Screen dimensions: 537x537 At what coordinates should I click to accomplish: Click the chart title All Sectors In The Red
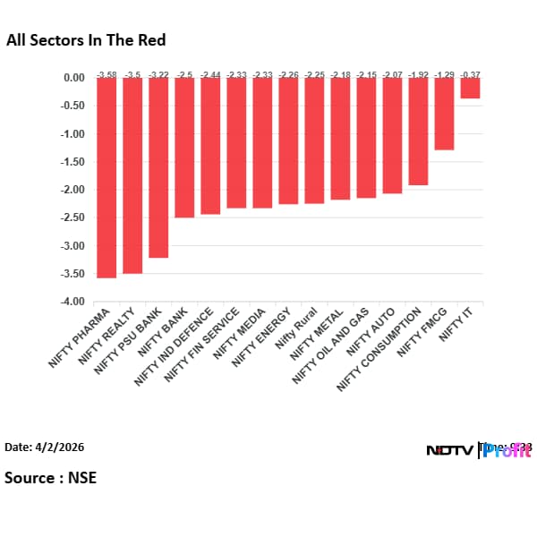tap(86, 40)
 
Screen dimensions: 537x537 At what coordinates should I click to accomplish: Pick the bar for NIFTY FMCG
tap(444, 114)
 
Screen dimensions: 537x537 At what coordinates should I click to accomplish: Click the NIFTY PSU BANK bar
tap(158, 167)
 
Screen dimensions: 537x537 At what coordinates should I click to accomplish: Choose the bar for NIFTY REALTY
tap(132, 175)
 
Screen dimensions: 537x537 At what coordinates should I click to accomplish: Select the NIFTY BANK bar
tap(184, 148)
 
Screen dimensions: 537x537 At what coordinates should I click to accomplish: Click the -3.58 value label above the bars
tap(107, 72)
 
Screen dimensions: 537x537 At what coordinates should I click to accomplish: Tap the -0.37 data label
tap(470, 72)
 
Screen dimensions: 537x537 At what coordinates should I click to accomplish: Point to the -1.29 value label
tap(444, 72)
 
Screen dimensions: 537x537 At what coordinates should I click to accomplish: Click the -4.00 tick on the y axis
tap(72, 302)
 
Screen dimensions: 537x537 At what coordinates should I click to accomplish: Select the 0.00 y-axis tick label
tap(74, 78)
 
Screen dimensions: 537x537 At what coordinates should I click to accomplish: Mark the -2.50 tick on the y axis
tap(72, 217)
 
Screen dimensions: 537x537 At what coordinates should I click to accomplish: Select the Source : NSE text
tap(50, 477)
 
